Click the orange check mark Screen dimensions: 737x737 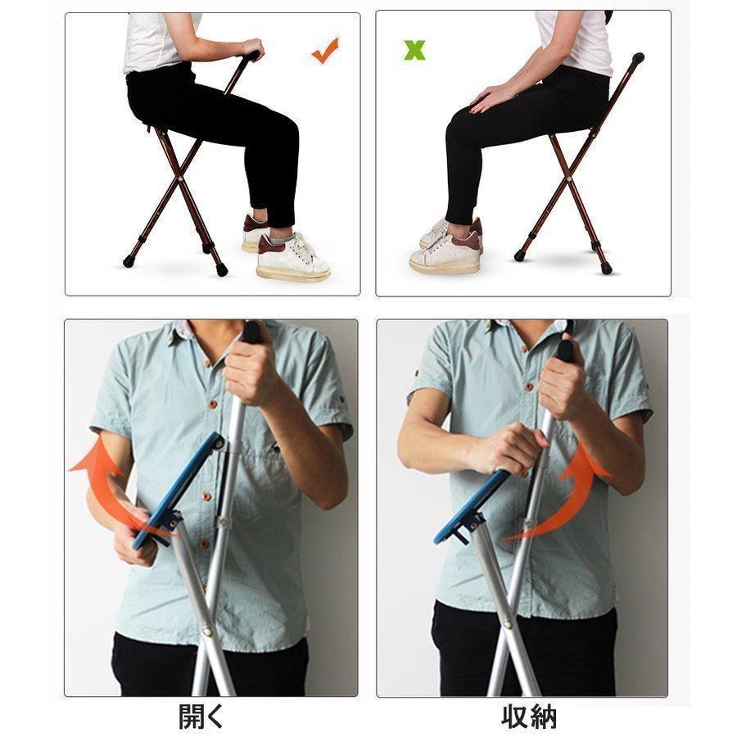point(325,51)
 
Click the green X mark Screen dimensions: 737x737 point(414,50)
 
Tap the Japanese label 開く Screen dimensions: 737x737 point(201,717)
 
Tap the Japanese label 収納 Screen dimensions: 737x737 point(529,717)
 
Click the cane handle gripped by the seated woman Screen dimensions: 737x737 point(252,56)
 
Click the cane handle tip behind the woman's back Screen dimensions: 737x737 point(638,58)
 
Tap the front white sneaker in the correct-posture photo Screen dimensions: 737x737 point(292,258)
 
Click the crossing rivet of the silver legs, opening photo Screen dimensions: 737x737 point(207,631)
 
